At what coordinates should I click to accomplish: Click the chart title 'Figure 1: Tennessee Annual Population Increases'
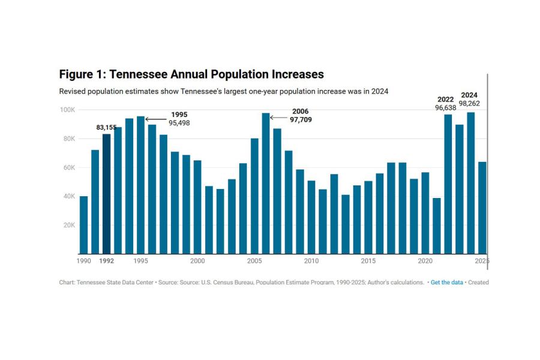(191, 74)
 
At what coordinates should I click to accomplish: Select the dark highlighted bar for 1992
(106, 193)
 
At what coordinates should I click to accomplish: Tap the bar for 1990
(83, 224)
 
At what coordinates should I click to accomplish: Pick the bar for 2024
(470, 182)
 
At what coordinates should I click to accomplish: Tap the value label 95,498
(179, 123)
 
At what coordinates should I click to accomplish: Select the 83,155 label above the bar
(107, 128)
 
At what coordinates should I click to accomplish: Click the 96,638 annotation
(446, 108)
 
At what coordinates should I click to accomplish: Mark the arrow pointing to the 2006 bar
(279, 118)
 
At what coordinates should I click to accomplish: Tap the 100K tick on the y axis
(67, 110)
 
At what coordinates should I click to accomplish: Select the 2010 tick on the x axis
(311, 261)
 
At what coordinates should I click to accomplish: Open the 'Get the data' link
(446, 282)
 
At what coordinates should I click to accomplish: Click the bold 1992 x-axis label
(106, 261)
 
